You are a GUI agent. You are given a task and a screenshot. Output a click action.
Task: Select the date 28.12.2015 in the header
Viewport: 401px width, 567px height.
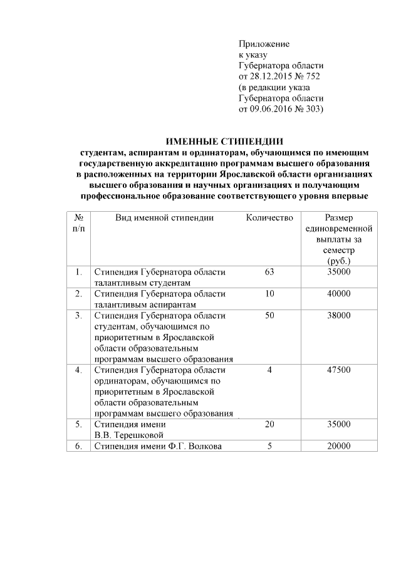[273, 76]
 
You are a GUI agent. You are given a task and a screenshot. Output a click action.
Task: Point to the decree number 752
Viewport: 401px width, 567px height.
[316, 76]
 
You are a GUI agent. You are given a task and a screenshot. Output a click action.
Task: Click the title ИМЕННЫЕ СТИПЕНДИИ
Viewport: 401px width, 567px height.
[224, 140]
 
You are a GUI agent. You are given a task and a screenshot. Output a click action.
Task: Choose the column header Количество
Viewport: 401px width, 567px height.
[269, 217]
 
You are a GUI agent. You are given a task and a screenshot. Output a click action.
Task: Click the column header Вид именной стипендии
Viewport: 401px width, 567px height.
[165, 217]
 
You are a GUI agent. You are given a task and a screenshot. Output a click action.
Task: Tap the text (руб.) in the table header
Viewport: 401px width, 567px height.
[338, 260]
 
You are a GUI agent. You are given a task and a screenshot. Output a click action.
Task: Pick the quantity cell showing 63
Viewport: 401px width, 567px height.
[270, 272]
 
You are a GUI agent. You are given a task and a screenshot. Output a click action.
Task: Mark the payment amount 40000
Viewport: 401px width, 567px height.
[339, 294]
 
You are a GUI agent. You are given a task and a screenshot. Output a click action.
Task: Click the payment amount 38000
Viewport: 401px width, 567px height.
[339, 315]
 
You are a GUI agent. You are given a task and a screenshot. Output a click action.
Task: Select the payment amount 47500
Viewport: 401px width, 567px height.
[339, 370]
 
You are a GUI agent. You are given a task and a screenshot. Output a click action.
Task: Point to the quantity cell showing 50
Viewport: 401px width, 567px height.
[270, 315]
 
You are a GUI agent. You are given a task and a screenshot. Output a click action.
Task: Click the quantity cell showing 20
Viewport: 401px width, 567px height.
[270, 424]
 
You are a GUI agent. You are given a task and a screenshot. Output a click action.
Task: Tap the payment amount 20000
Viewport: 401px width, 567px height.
[339, 446]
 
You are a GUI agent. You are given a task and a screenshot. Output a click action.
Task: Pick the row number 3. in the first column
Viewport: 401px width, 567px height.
[79, 315]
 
